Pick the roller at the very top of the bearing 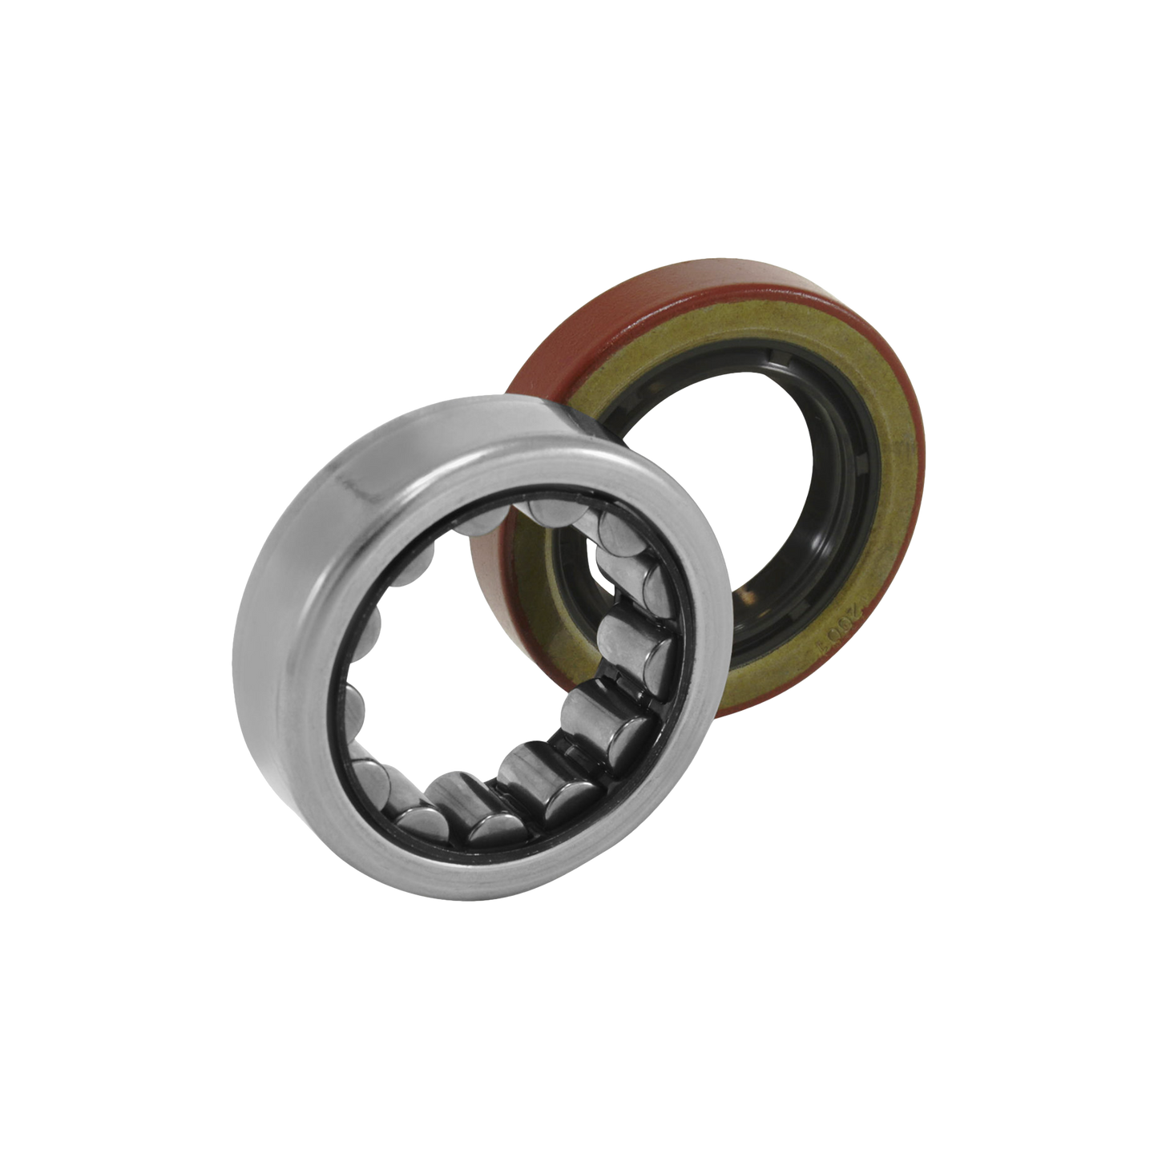click(553, 513)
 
